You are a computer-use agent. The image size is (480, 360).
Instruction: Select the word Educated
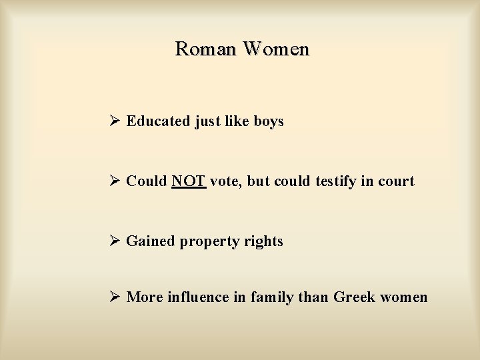point(158,121)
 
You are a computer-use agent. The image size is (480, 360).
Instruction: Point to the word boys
point(269,121)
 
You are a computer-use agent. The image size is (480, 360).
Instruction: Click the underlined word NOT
point(189,181)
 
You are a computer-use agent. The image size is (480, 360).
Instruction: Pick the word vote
point(225,181)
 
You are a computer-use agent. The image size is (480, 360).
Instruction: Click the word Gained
point(151,241)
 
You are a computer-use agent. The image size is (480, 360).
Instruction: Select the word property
point(207,242)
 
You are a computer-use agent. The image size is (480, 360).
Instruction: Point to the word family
point(271,297)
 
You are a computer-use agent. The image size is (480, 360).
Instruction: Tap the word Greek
point(355,297)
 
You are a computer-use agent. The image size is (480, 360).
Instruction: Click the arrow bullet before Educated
point(115,121)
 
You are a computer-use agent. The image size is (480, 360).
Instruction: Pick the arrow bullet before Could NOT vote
point(115,181)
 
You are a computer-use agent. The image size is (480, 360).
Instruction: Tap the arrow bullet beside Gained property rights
point(115,241)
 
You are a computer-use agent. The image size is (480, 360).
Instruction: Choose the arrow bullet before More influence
point(115,297)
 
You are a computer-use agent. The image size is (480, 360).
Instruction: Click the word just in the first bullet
point(208,121)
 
